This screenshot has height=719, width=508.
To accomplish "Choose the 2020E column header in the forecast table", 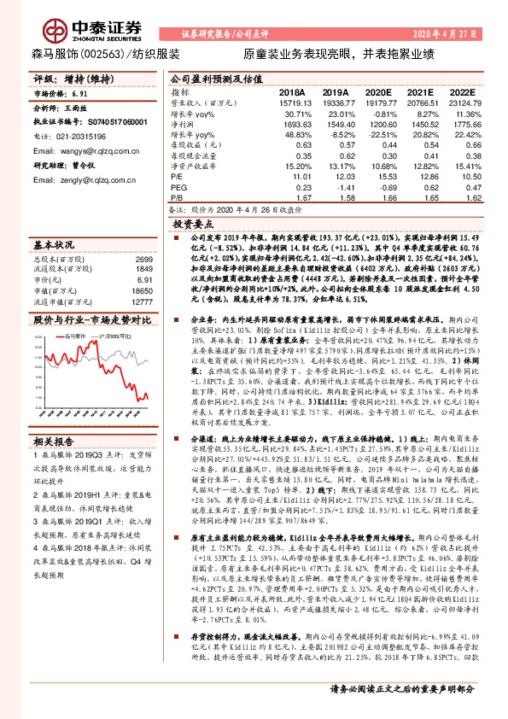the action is pyautogui.click(x=377, y=91).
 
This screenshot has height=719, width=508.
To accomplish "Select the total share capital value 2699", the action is pyautogui.click(x=143, y=260).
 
